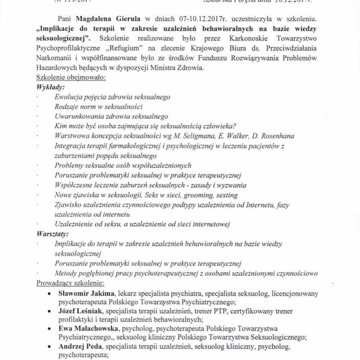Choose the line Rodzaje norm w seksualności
(98, 107)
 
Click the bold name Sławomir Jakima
(85, 294)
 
